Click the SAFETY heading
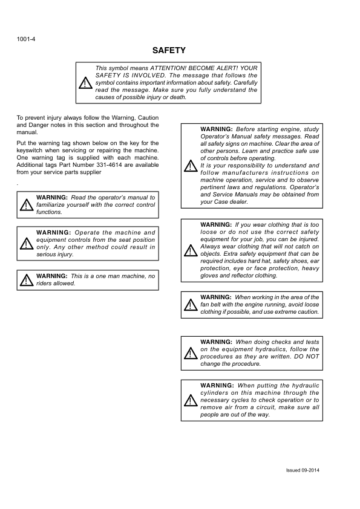[x=169, y=51]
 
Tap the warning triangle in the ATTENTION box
[x=86, y=83]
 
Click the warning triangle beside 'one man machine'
[x=26, y=280]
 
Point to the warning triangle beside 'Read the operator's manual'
[x=26, y=205]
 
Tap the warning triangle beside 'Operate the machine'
[x=26, y=243]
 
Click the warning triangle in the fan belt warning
[x=190, y=305]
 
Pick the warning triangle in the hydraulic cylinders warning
[x=190, y=400]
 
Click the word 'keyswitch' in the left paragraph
[x=30, y=151]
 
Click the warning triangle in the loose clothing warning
[x=190, y=250]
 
